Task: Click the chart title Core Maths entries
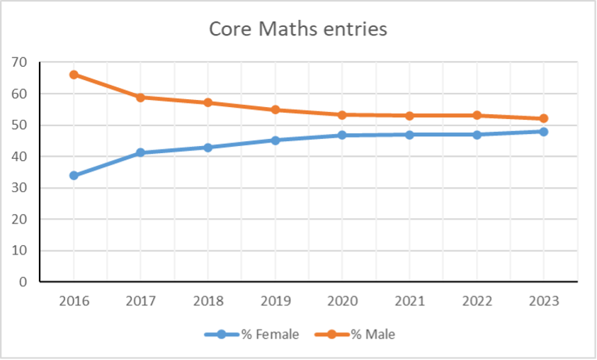(x=298, y=29)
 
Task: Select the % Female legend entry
(x=259, y=334)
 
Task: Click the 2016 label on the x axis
(x=74, y=300)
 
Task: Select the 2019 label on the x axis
(x=275, y=300)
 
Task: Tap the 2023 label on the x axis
(x=543, y=300)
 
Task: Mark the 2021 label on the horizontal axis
(x=409, y=300)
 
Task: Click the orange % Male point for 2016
(x=74, y=74)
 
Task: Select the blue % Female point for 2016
(x=74, y=175)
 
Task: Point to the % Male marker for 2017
(x=140, y=97)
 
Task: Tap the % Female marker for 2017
(x=140, y=152)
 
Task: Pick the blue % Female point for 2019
(x=275, y=140)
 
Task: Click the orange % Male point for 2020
(x=342, y=115)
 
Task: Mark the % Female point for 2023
(x=543, y=131)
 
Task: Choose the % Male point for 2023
(x=543, y=118)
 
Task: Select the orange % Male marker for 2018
(x=207, y=102)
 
